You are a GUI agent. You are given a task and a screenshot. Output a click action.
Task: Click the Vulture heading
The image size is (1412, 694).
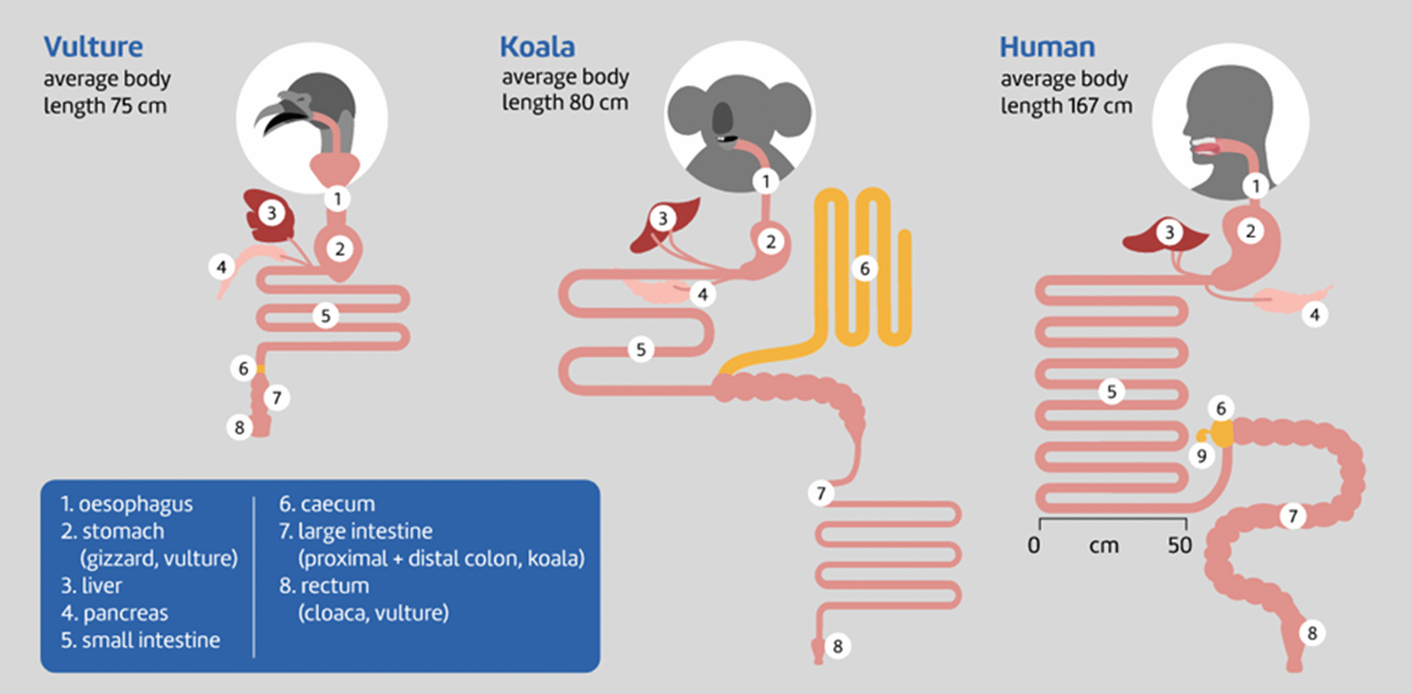pos(94,47)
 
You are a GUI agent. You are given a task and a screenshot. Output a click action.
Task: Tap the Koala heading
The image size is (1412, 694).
pos(537,47)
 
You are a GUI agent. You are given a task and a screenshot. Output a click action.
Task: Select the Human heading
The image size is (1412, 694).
pos(1047,47)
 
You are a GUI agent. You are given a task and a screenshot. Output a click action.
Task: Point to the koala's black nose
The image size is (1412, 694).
pos(722,119)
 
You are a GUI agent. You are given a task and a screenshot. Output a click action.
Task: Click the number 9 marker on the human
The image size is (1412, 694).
pos(1201,455)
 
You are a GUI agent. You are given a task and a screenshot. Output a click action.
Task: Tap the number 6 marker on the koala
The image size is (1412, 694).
pos(864,268)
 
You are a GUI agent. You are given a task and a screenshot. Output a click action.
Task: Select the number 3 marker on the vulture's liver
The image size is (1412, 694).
pos(271,213)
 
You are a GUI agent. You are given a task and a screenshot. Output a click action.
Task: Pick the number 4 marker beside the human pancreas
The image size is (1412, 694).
pos(1314,315)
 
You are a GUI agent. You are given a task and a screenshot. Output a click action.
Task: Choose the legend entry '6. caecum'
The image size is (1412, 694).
pos(327,504)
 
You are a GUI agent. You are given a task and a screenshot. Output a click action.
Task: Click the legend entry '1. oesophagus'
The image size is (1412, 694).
pos(126,504)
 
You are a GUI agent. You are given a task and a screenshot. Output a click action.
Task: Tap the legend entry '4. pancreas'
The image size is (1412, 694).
pos(114,613)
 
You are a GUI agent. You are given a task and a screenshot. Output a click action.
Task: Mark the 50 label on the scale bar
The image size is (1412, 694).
pos(1179,545)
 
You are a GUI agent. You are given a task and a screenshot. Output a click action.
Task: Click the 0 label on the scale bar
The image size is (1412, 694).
pos(1034,545)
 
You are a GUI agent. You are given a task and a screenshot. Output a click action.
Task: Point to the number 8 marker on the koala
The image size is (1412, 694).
pos(837,646)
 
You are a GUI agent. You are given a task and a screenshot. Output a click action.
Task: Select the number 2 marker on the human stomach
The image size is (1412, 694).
pos(1250,231)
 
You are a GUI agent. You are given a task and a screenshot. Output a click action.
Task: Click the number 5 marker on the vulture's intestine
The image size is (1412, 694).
pos(326,316)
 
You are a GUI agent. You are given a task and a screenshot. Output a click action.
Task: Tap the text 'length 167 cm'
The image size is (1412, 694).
pos(1066,106)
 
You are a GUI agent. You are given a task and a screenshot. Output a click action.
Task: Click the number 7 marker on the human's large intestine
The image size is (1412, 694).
pos(1292,516)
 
